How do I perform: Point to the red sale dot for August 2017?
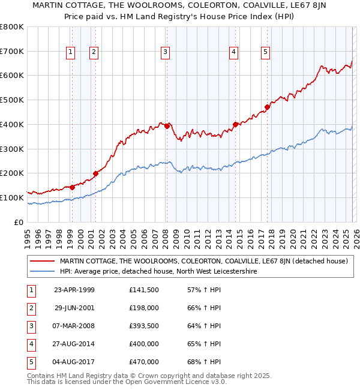click(267, 107)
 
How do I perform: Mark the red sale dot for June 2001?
click(95, 173)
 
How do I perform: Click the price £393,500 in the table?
click(144, 326)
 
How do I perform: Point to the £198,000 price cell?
click(144, 308)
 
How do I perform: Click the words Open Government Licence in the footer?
click(182, 382)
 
